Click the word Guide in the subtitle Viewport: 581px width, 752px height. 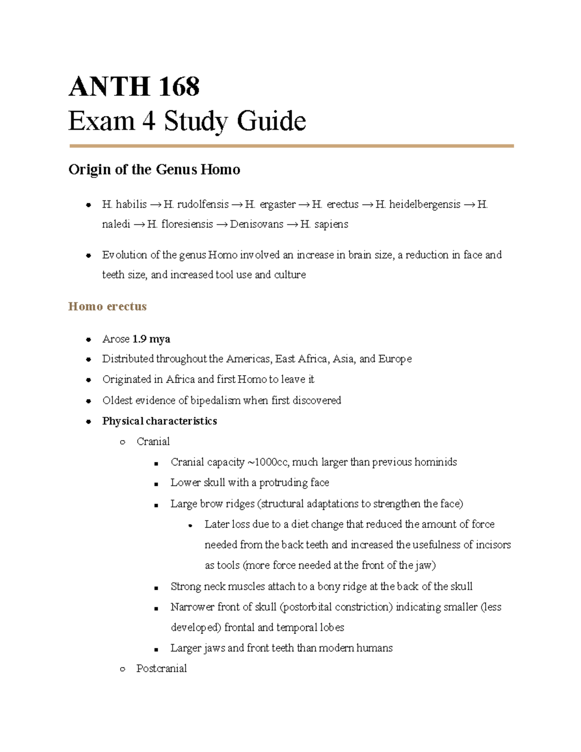coord(271,121)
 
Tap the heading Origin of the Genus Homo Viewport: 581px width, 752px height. coord(154,169)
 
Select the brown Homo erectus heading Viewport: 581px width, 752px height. coord(107,307)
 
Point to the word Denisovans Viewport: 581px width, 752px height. coord(257,225)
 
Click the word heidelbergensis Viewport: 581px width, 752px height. coord(425,204)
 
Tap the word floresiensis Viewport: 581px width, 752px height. coord(187,225)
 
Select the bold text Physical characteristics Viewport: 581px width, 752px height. coord(159,421)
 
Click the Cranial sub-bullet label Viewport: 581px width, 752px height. coord(153,442)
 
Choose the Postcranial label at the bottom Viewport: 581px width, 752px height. coord(161,669)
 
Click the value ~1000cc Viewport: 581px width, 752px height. coord(268,462)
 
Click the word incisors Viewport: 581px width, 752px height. coord(493,545)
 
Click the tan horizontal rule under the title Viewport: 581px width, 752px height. coord(291,146)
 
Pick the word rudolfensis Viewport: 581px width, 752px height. coord(203,204)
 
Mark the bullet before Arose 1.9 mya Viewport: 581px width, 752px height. coord(89,339)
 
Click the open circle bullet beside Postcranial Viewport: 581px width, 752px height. coord(122,669)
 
